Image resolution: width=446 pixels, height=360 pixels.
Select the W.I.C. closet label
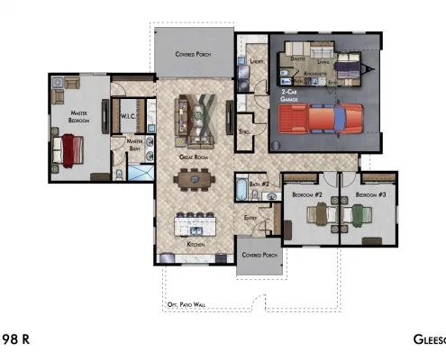pos(126,117)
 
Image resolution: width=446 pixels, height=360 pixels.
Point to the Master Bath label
pos(134,144)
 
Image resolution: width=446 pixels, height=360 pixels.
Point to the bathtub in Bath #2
pos(241,191)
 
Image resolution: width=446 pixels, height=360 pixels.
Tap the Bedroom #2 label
pos(302,194)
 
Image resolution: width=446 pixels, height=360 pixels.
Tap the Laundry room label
pos(257,61)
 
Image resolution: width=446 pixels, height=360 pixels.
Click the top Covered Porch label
pos(194,54)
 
